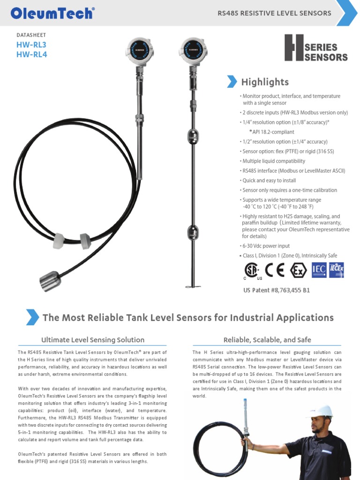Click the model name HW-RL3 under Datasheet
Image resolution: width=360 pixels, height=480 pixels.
[31, 45]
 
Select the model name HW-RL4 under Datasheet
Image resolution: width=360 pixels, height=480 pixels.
[31, 54]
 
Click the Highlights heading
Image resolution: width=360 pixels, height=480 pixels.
[265, 82]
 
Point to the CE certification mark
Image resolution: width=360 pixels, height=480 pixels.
[275, 270]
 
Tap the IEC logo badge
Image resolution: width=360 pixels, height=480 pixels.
[319, 270]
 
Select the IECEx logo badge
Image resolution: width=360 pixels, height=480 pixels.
[337, 270]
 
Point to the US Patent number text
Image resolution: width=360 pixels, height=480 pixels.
[277, 290]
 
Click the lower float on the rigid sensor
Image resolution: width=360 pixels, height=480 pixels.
[193, 231]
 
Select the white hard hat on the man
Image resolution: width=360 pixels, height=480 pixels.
[320, 411]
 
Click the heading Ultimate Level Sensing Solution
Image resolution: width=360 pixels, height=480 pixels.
[93, 340]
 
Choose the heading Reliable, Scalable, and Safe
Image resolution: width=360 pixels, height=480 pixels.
[267, 340]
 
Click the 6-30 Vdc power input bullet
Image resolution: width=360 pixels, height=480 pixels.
[265, 246]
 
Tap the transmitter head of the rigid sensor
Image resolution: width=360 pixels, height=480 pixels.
[192, 50]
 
